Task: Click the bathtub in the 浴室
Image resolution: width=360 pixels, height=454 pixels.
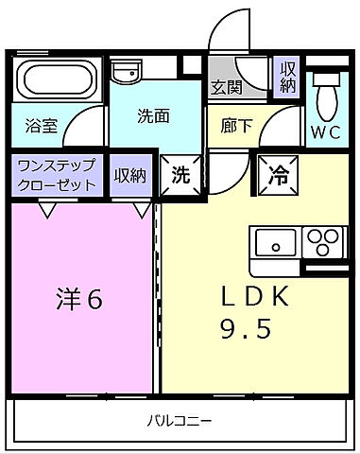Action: click(57, 82)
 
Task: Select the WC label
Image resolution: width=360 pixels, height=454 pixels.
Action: click(326, 132)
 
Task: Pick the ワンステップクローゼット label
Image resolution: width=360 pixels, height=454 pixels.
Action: click(57, 176)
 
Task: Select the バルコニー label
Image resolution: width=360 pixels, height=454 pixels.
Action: click(180, 418)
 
